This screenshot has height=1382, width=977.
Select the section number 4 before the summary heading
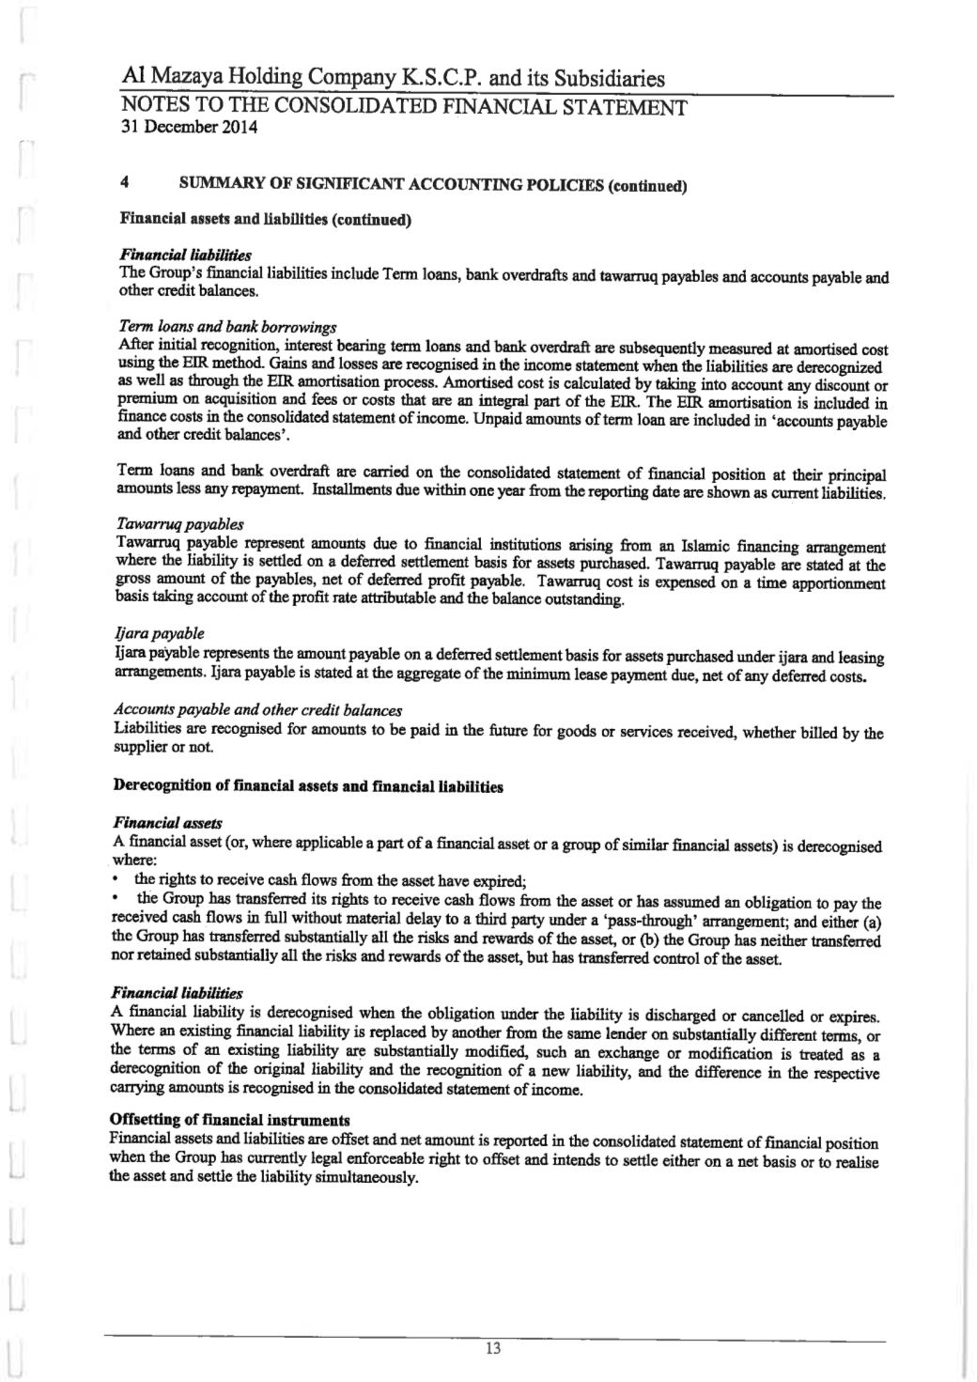point(124,185)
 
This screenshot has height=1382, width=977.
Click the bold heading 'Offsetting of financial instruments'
point(230,1120)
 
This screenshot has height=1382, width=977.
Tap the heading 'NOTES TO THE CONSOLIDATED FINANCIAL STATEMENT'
point(403,106)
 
